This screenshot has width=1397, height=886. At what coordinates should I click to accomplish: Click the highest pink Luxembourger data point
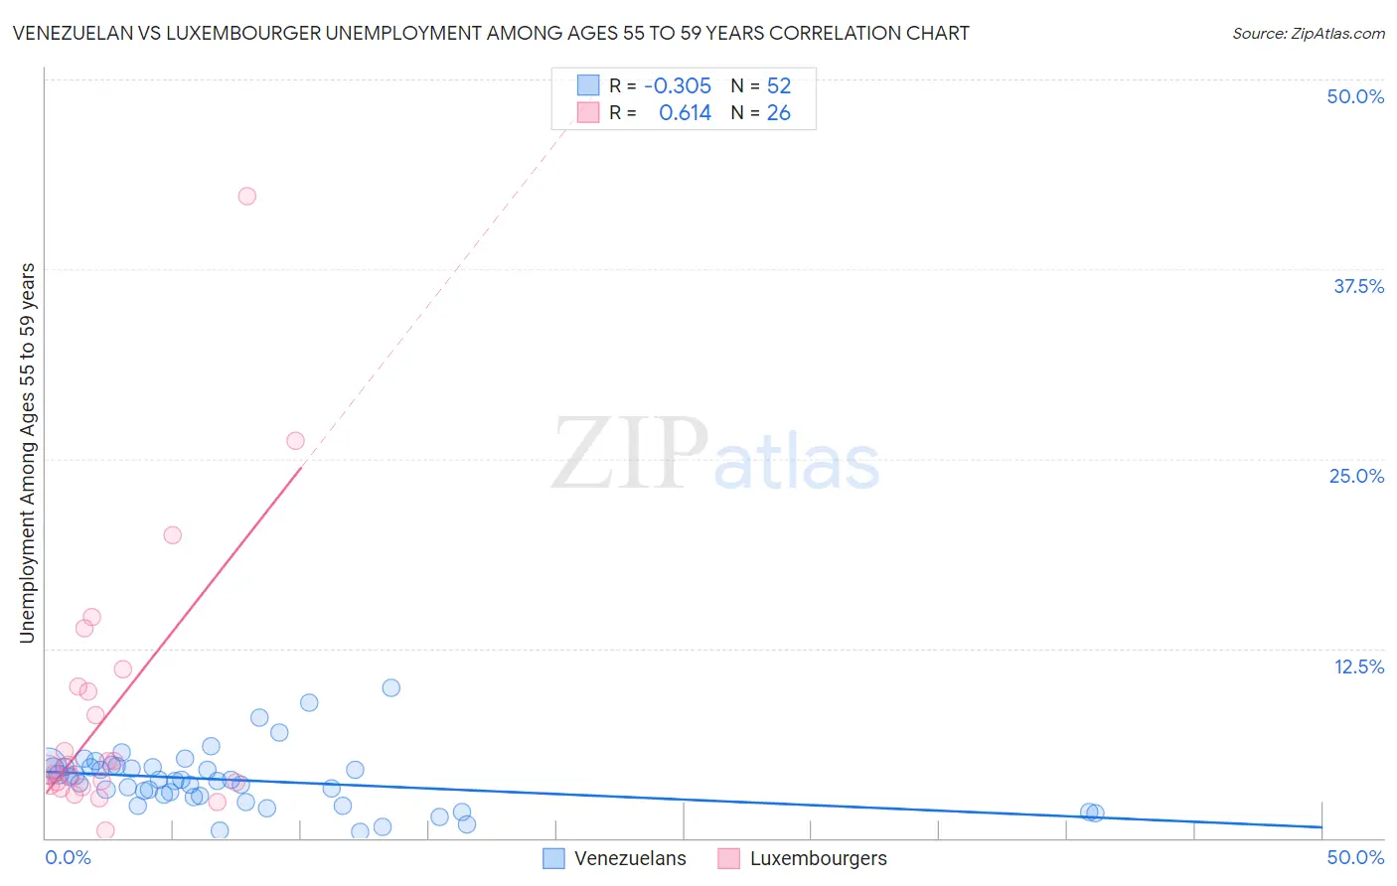tap(247, 196)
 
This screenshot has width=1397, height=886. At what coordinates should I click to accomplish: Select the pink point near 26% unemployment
tap(295, 441)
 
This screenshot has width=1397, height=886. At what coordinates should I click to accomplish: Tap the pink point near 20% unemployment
tap(173, 535)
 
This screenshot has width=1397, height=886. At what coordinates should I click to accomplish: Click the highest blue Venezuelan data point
tap(391, 688)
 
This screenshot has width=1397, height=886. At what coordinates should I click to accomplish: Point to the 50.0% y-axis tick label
tap(1355, 96)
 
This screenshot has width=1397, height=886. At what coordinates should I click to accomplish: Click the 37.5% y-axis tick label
tap(1358, 286)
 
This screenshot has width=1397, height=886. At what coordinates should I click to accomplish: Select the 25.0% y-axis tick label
tap(1356, 476)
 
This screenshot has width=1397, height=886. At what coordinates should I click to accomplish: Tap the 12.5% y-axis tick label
tap(1358, 666)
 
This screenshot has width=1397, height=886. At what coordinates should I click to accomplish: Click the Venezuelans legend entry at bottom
tap(629, 859)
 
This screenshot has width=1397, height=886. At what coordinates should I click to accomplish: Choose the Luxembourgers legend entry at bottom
tap(818, 859)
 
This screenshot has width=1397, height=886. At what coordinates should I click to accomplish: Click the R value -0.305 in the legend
tap(678, 85)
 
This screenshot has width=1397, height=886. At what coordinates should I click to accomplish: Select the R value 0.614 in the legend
tap(685, 113)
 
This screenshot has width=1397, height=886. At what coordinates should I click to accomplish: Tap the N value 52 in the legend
tap(779, 85)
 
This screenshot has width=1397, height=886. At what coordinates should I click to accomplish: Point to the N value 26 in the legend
tap(779, 113)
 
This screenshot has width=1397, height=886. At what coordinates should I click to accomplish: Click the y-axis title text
tap(28, 453)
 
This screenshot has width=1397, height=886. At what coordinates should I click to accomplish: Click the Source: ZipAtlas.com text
tap(1308, 34)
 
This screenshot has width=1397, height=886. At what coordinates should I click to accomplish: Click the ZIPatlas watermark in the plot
tap(715, 455)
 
